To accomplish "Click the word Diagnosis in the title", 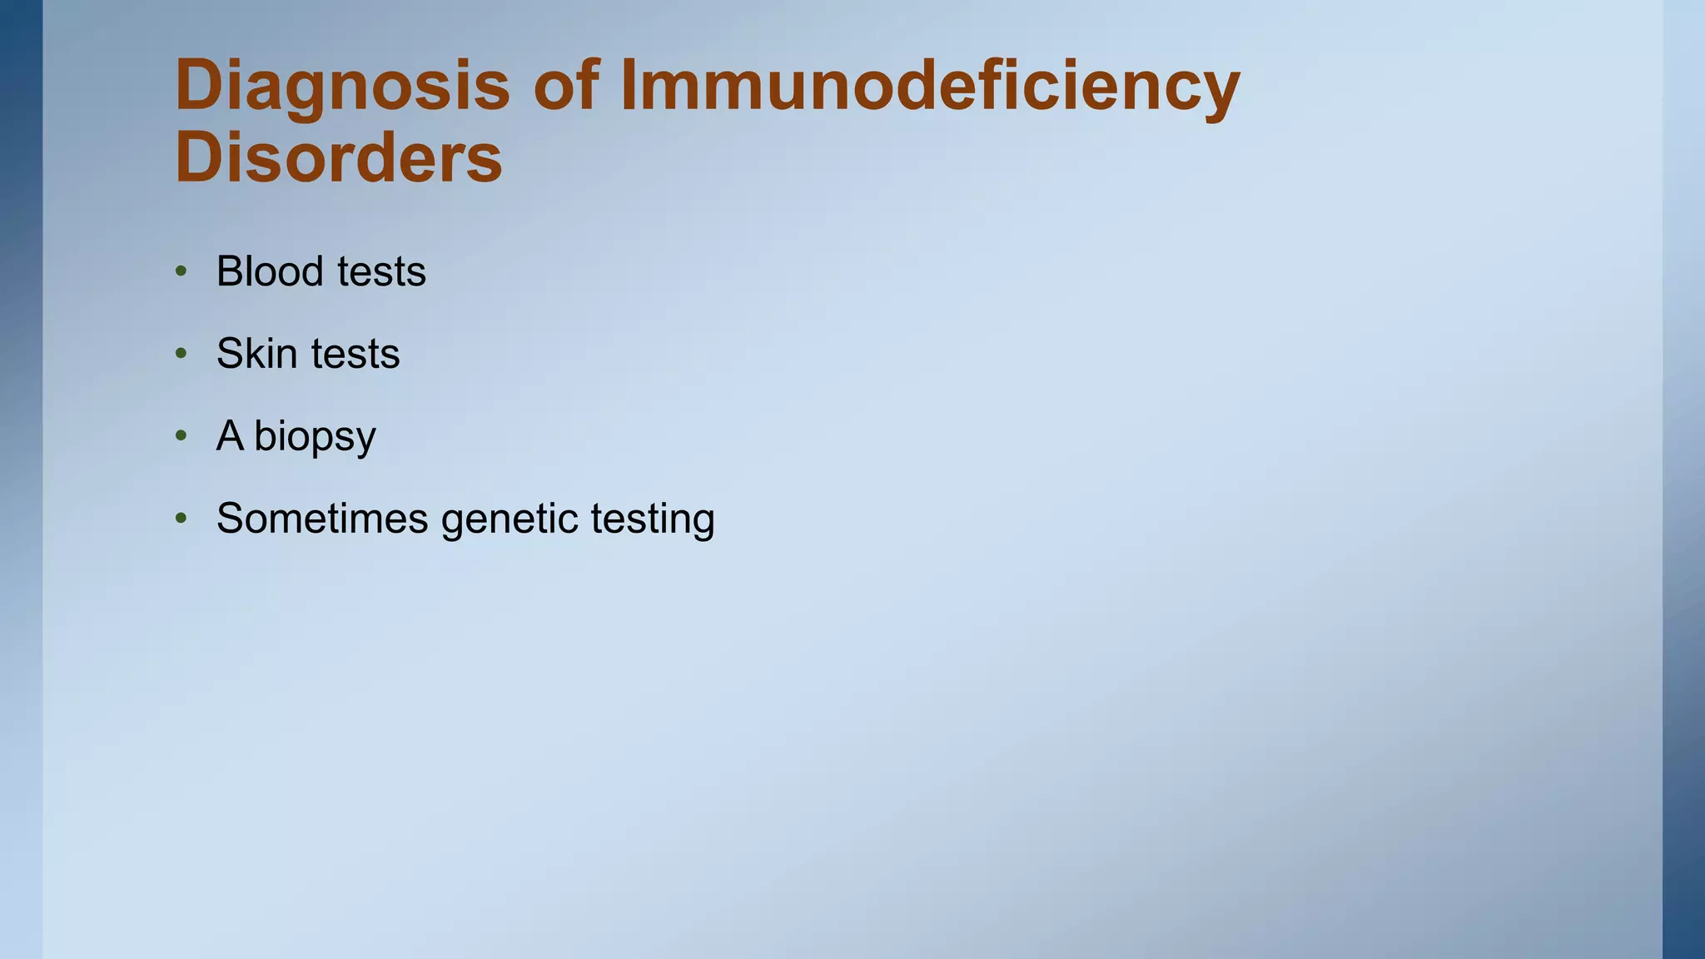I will tap(341, 87).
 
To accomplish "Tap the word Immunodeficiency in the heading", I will tap(930, 87).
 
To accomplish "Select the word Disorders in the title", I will tap(339, 158).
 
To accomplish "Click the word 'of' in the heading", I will tap(566, 85).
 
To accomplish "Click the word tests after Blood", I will tap(381, 272).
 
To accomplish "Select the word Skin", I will tap(256, 354).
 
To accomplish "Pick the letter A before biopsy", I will tap(230, 435).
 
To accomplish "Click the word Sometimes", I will tap(321, 518).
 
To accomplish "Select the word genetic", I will tap(510, 519).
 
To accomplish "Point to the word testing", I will tap(653, 519).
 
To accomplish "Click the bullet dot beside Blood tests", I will tap(181, 271).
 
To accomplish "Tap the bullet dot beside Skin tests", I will tap(181, 354).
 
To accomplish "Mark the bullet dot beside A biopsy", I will tap(181, 435).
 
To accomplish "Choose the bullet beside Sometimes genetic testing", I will tap(181, 518).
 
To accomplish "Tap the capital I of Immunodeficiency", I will tap(629, 85).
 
